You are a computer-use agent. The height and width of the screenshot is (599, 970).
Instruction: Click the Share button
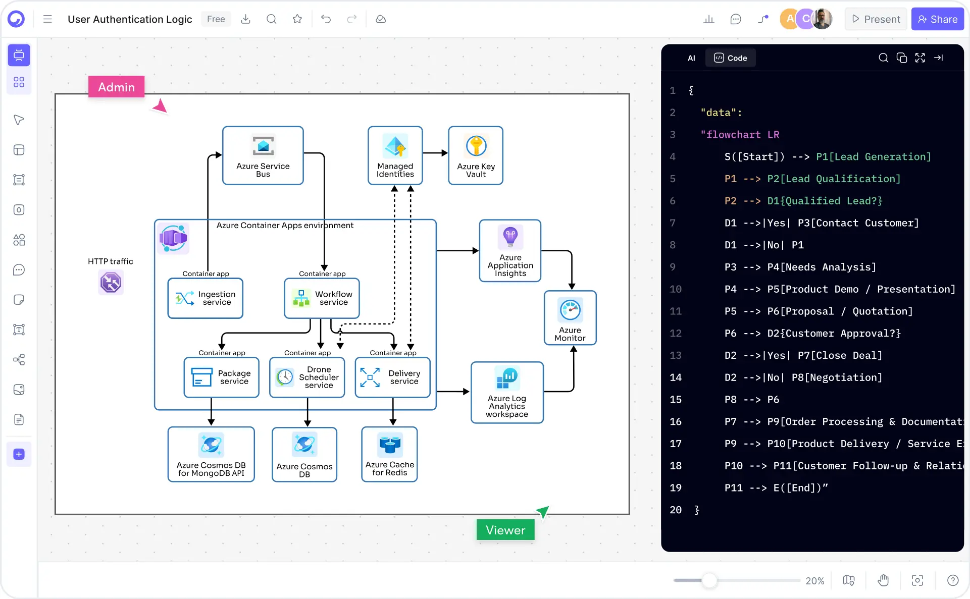click(x=937, y=19)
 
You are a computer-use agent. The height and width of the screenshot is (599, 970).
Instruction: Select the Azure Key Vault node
click(x=475, y=155)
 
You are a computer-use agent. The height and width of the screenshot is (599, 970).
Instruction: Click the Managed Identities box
click(x=395, y=155)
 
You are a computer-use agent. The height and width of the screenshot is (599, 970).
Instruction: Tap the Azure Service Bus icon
click(x=263, y=146)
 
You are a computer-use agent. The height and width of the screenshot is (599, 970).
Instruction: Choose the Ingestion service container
click(x=206, y=298)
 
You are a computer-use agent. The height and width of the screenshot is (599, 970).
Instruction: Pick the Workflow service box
click(x=322, y=298)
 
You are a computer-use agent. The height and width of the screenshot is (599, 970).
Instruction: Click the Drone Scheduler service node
click(x=307, y=377)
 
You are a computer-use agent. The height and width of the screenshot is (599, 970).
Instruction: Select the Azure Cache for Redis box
click(x=389, y=454)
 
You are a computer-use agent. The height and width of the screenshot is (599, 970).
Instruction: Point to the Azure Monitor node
click(x=570, y=318)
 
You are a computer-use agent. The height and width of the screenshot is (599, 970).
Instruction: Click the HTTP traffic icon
click(x=111, y=282)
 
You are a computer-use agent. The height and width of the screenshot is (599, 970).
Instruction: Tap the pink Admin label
click(x=116, y=87)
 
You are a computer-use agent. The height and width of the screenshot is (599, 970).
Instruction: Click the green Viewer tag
click(x=505, y=530)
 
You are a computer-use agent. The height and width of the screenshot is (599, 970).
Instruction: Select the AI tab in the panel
click(x=691, y=58)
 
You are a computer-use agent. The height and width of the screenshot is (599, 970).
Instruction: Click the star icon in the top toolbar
click(x=297, y=19)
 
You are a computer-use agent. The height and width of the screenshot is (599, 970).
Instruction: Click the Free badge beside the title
click(x=216, y=19)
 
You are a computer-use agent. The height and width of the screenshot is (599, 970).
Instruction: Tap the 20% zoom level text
click(x=814, y=581)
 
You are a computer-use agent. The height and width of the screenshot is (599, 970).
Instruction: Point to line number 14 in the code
click(x=675, y=377)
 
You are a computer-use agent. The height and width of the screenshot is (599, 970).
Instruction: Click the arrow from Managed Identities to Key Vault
click(x=435, y=153)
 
